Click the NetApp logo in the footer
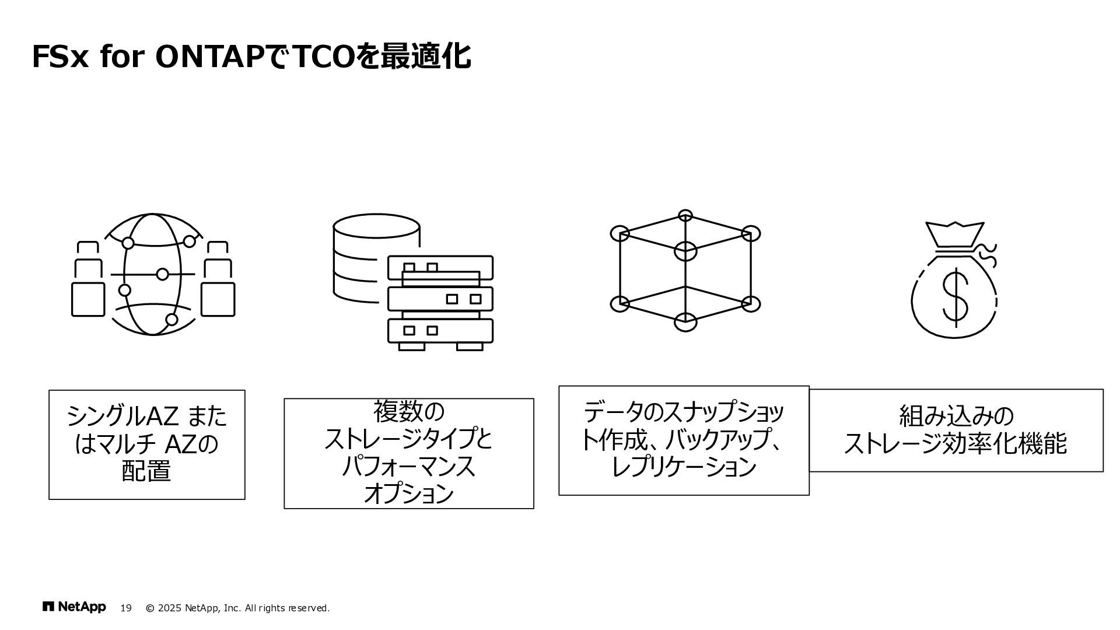point(74,607)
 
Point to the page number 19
point(125,608)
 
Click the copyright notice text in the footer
point(237,608)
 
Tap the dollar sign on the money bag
point(955,297)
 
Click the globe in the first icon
point(153,274)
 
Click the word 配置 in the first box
point(146,471)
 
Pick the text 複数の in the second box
point(408,411)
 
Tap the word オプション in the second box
point(408,494)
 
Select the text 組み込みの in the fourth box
point(956,416)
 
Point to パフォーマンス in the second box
point(408,467)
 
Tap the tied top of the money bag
point(955,236)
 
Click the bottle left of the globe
point(88,280)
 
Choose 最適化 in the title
point(426,57)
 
